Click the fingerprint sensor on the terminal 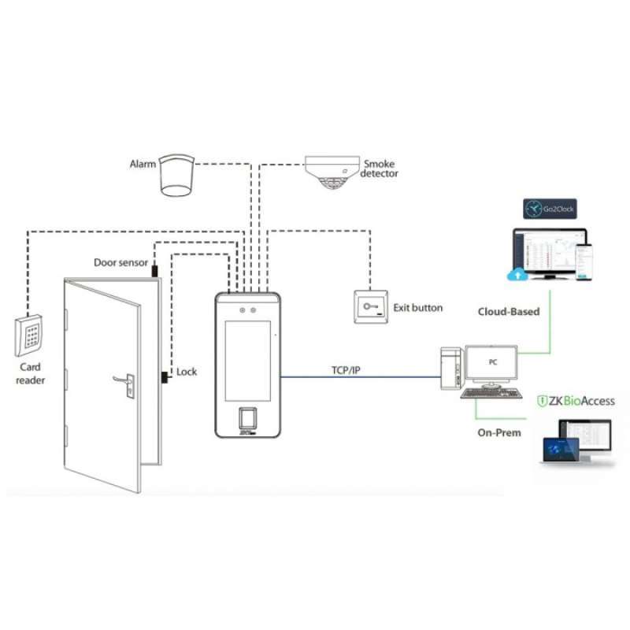[x=246, y=418]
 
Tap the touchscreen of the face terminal [x=246, y=354]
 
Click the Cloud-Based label [x=509, y=311]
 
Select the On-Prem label [x=498, y=432]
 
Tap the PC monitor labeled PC [x=491, y=363]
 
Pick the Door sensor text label [x=120, y=262]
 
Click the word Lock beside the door [x=187, y=372]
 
